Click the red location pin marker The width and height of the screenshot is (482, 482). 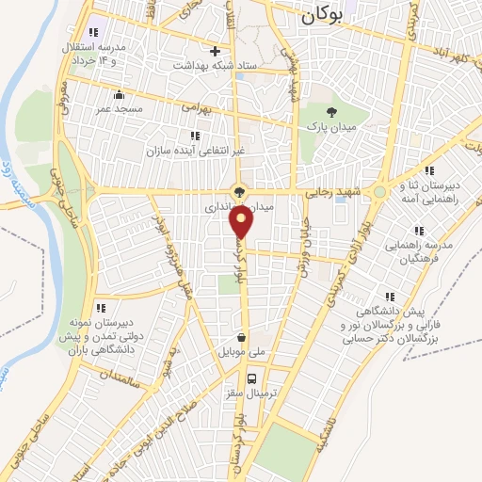(243, 222)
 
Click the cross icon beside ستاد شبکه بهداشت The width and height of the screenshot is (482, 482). (216, 51)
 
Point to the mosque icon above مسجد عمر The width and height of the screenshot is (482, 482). (119, 94)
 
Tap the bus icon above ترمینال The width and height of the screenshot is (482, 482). (250, 379)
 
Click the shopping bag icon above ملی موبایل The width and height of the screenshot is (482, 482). (243, 337)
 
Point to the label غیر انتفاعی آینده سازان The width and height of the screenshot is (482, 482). (194, 151)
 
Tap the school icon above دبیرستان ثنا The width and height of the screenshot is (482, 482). (429, 170)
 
